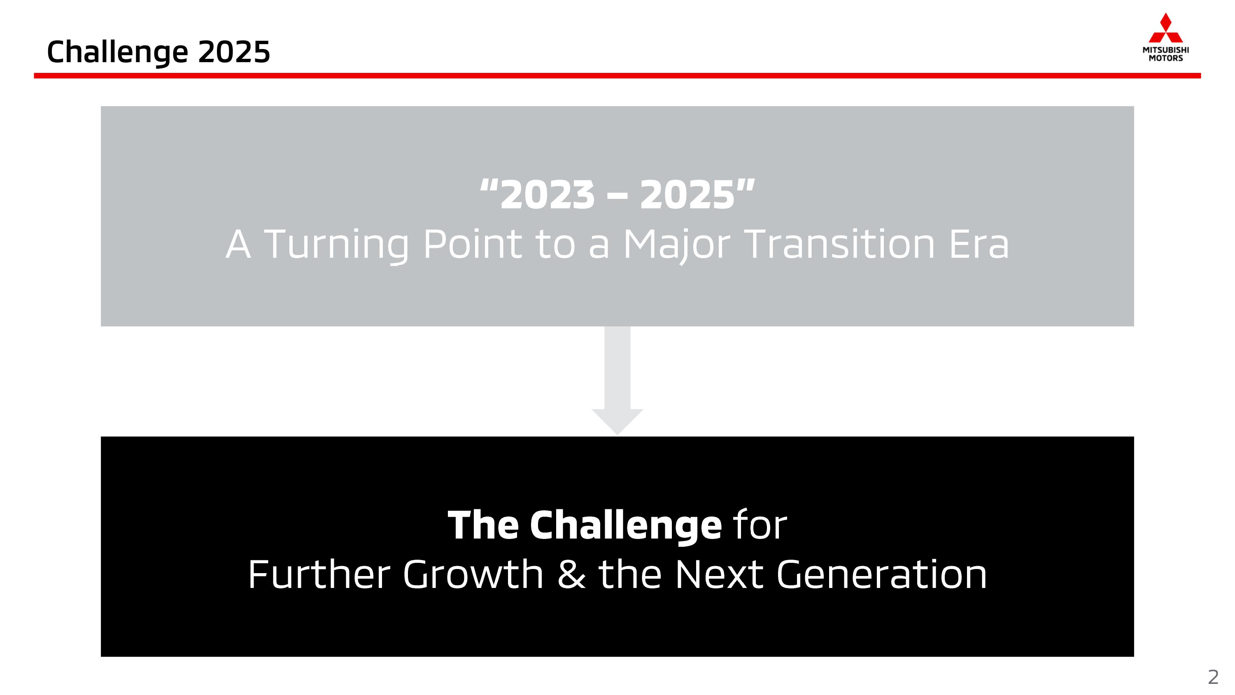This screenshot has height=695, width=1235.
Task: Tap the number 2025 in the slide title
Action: coord(234,51)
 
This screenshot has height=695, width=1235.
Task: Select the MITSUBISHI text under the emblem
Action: coord(1165,50)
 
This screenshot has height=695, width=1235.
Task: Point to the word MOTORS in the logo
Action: coord(1165,58)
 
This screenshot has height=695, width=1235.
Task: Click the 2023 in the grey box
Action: coord(547,195)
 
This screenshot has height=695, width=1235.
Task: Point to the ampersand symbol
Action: coord(571,575)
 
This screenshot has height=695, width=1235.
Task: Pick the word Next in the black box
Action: coord(719,575)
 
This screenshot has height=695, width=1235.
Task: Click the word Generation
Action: coord(882,575)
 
